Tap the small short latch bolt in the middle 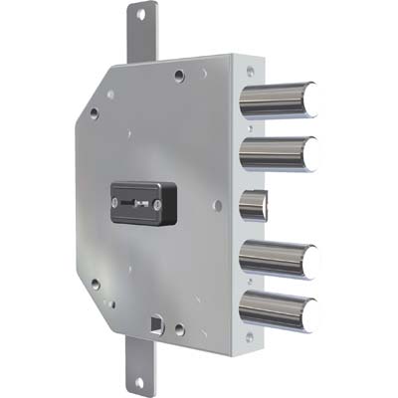click(x=255, y=206)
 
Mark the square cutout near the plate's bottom click(x=155, y=322)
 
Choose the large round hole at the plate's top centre click(x=178, y=75)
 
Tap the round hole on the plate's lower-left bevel click(x=96, y=284)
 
